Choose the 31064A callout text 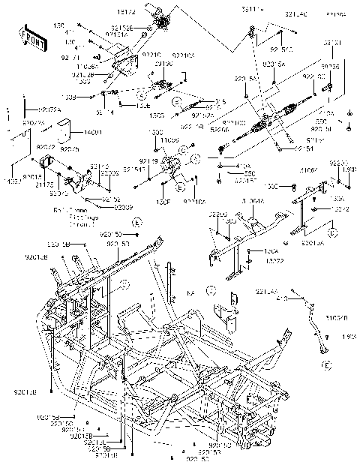click(253, 202)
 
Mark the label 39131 click(332, 43)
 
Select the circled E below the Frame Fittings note click(136, 223)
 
